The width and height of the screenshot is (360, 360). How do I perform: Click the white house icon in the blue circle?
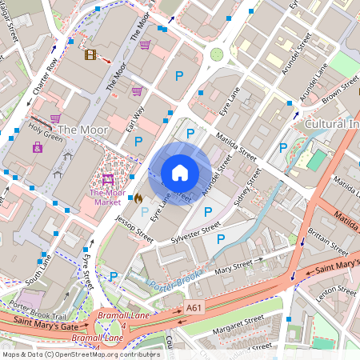pos(180,172)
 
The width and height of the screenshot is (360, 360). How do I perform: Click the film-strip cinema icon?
pos(90,54)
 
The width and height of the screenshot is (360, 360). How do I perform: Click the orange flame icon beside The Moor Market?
pos(137,197)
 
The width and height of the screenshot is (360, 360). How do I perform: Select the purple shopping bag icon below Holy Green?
pos(38,147)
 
